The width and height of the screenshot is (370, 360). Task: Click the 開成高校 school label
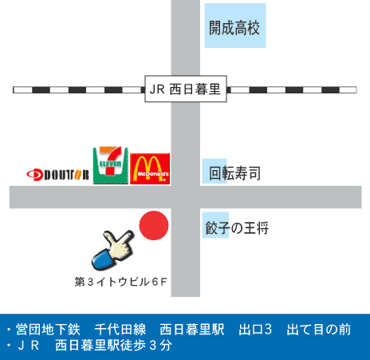pos(234,28)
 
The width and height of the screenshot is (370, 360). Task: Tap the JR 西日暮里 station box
pos(186,89)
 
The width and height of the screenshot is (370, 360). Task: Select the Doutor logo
pos(57,175)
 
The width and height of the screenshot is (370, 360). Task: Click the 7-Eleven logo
pos(111,165)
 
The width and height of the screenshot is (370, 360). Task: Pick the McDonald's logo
pos(150,168)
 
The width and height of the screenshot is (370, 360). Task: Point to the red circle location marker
pos(154,225)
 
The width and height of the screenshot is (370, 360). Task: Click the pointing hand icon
pos(112,250)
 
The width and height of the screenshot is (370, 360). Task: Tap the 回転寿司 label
pos(234,173)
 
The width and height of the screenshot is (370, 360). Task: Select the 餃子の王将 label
pos(237,227)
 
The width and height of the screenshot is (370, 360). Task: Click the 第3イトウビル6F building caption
pos(121,282)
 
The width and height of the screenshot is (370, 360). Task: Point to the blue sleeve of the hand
pos(103,259)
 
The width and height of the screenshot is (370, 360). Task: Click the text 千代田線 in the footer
pos(120,330)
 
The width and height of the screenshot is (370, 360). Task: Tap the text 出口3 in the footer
pos(255,330)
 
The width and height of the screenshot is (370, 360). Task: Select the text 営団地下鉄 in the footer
pos(48,330)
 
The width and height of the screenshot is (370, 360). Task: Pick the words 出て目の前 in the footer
pos(319,330)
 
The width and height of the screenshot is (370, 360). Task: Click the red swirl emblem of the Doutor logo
pos(34,175)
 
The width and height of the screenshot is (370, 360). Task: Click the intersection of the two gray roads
pos(186,197)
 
